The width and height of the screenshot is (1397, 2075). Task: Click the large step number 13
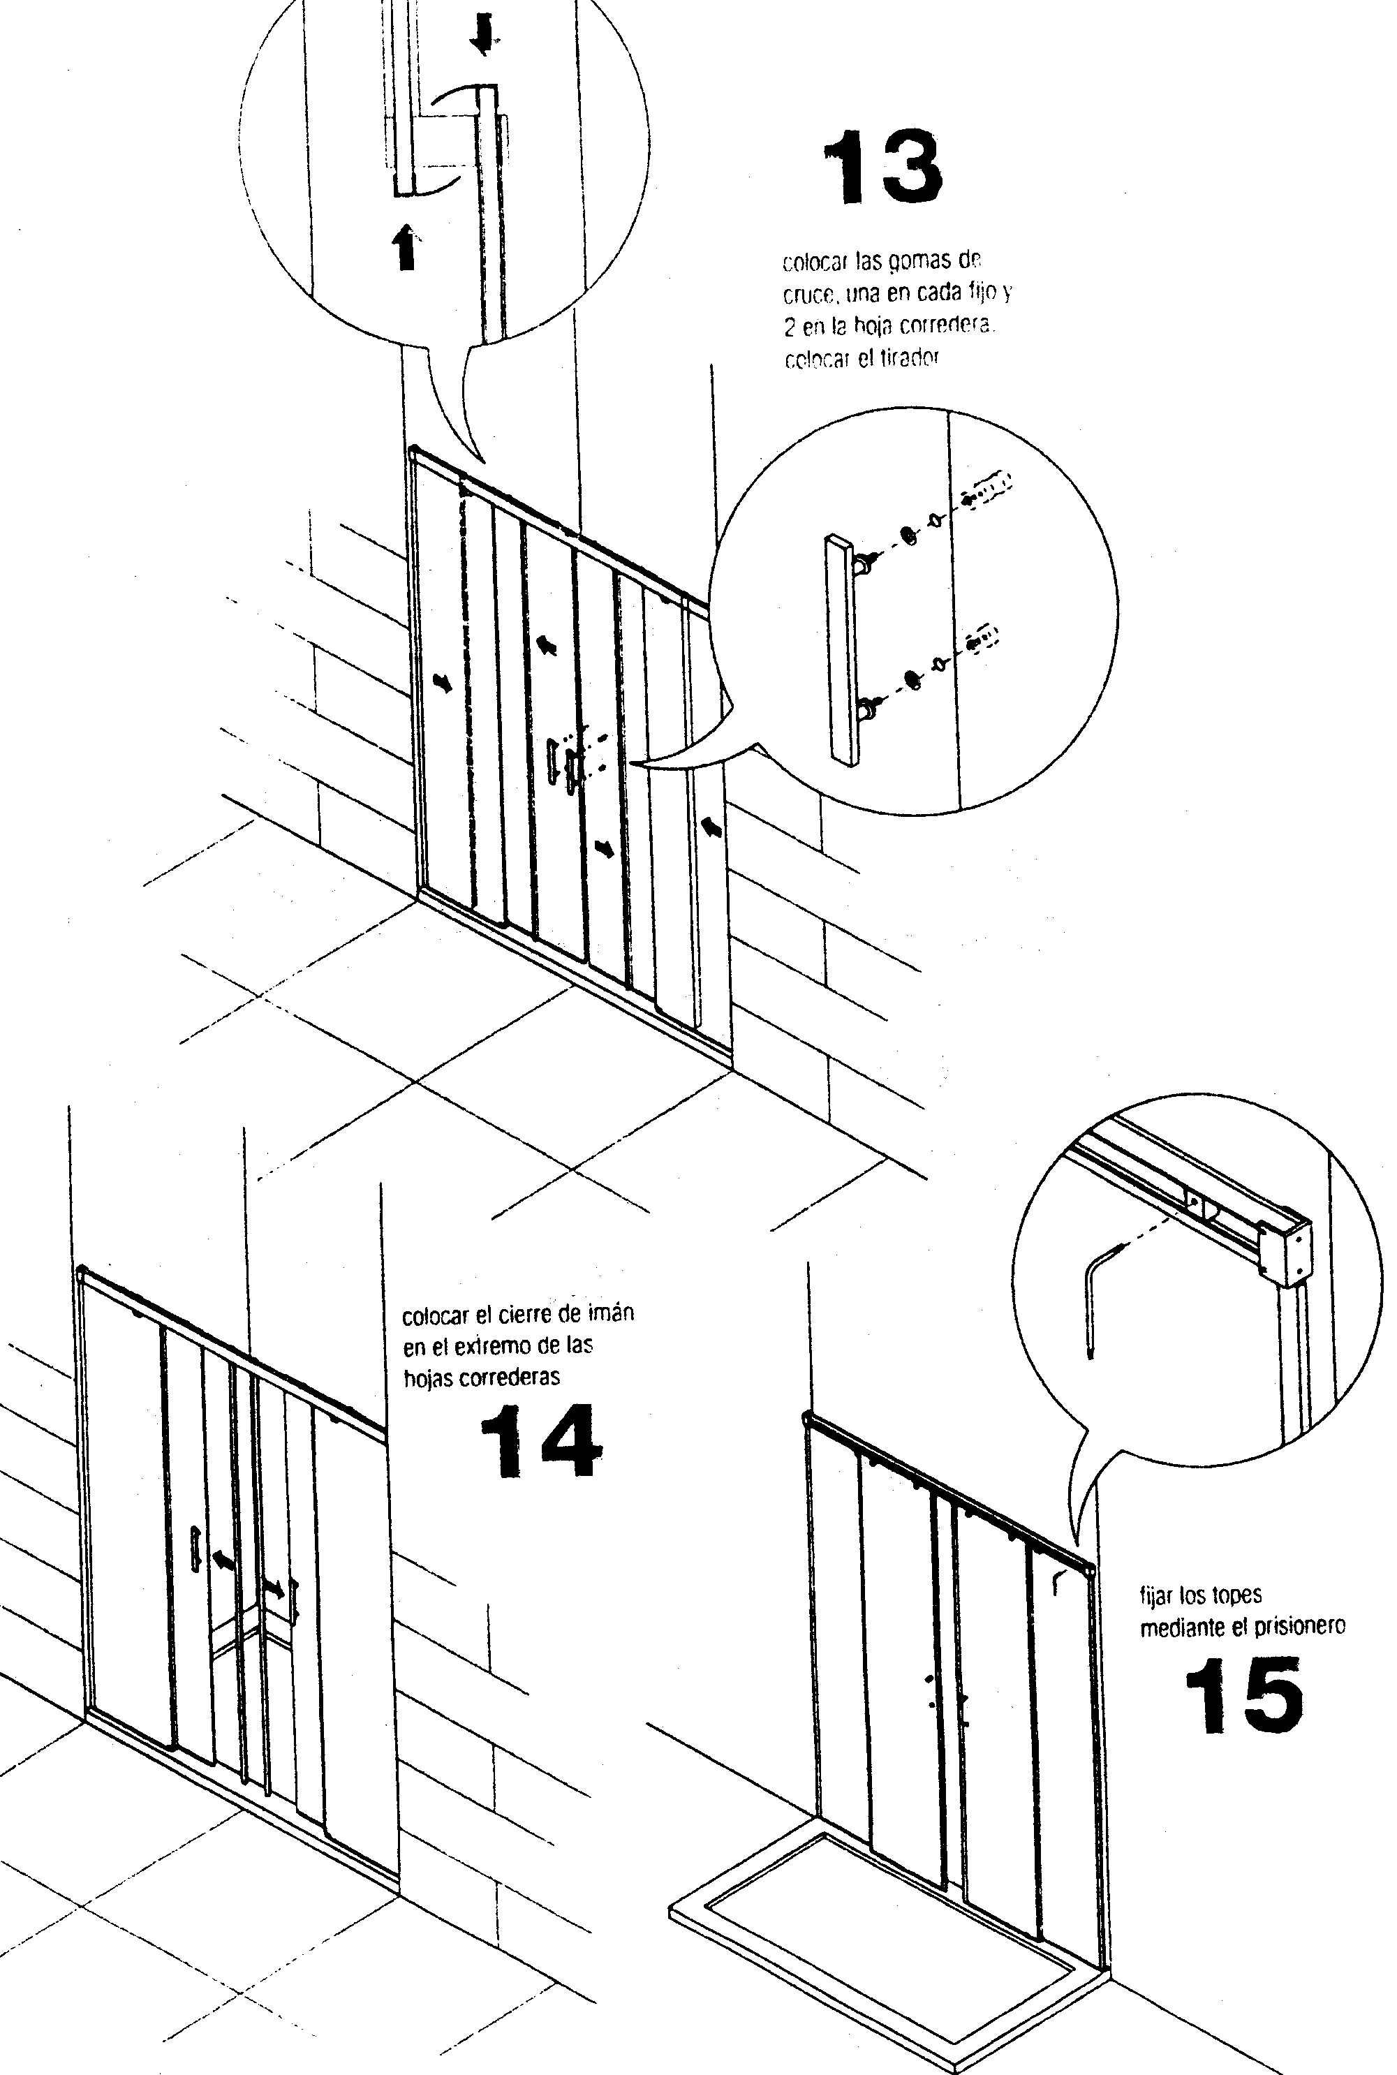[882, 168]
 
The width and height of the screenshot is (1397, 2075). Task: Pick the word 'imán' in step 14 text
[611, 1313]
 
